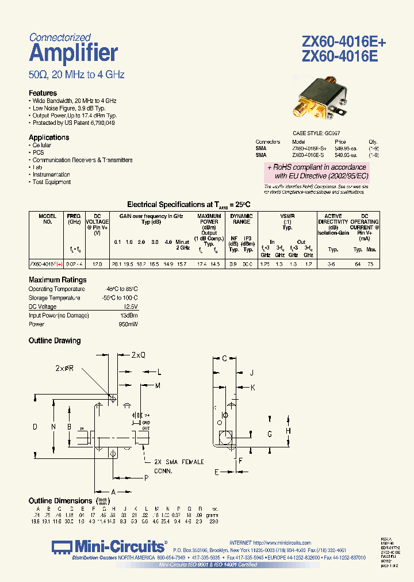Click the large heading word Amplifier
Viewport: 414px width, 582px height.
(73, 53)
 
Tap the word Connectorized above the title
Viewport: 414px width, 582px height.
(60, 37)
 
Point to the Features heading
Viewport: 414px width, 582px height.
(43, 93)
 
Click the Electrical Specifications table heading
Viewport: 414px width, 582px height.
(189, 204)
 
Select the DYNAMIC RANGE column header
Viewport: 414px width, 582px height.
(241, 219)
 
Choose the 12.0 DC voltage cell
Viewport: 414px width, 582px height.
(97, 264)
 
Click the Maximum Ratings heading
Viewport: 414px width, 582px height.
(57, 280)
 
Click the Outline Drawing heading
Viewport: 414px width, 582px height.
(55, 341)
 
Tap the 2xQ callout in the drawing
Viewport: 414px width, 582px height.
(138, 355)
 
